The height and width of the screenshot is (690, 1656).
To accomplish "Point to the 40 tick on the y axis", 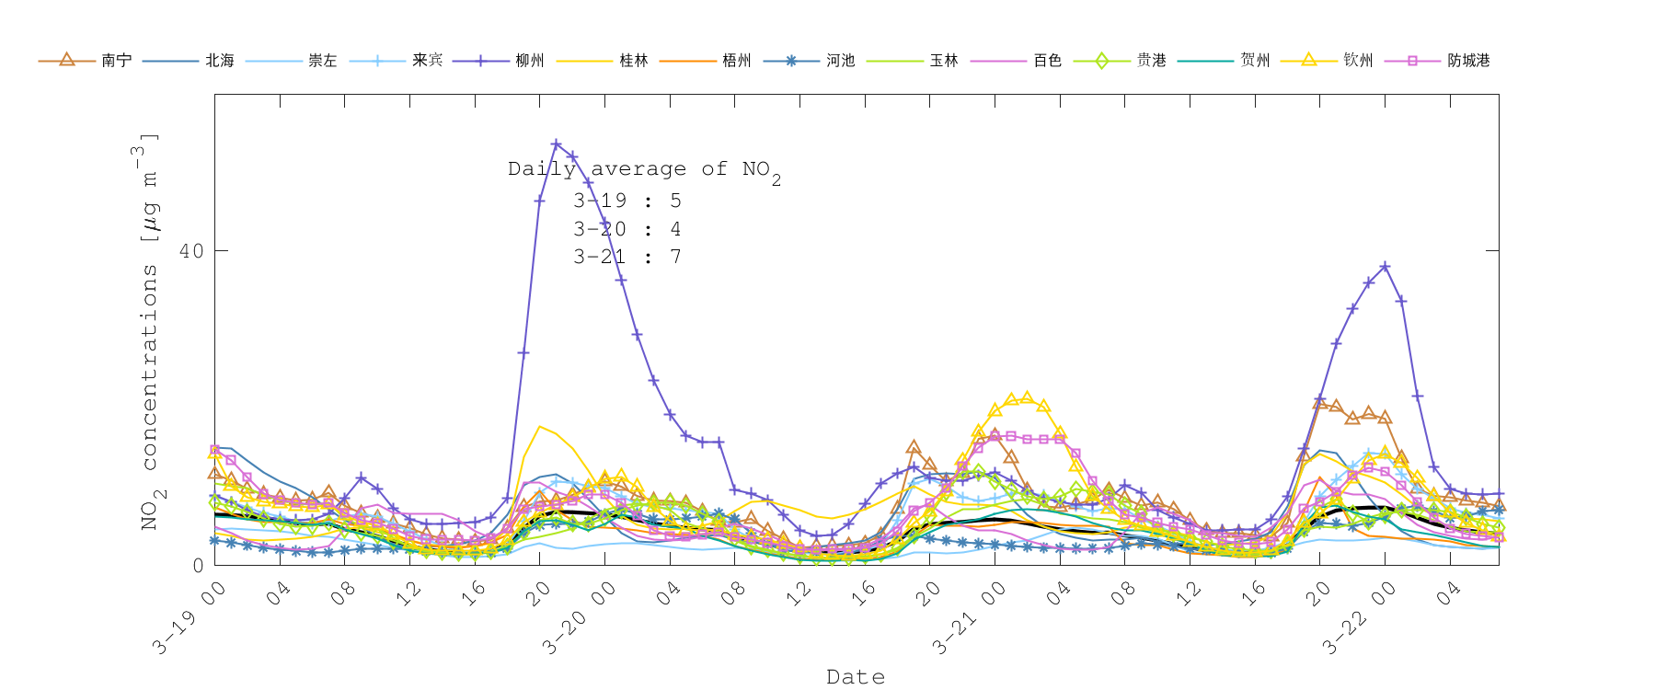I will point(191,251).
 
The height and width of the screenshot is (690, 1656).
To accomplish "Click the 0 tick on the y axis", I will point(198,565).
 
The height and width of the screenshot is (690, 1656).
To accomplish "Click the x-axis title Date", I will point(856,677).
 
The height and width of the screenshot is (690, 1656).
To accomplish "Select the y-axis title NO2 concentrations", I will point(149,331).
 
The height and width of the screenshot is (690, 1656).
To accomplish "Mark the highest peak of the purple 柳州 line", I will point(556,144).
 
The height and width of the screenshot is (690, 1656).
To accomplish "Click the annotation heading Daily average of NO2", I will point(644,170).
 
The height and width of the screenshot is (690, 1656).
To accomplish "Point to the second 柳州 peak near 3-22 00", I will point(1385,267).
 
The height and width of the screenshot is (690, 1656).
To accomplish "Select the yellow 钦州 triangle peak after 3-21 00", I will point(1028,397).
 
